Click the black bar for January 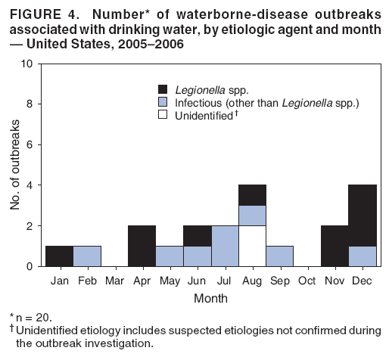60,256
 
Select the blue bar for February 87,256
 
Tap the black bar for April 142,245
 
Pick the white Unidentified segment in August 252,245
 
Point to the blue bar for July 225,245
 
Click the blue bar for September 280,256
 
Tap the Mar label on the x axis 114,280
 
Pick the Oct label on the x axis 307,280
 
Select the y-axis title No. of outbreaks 14,165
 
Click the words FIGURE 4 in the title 39,10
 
